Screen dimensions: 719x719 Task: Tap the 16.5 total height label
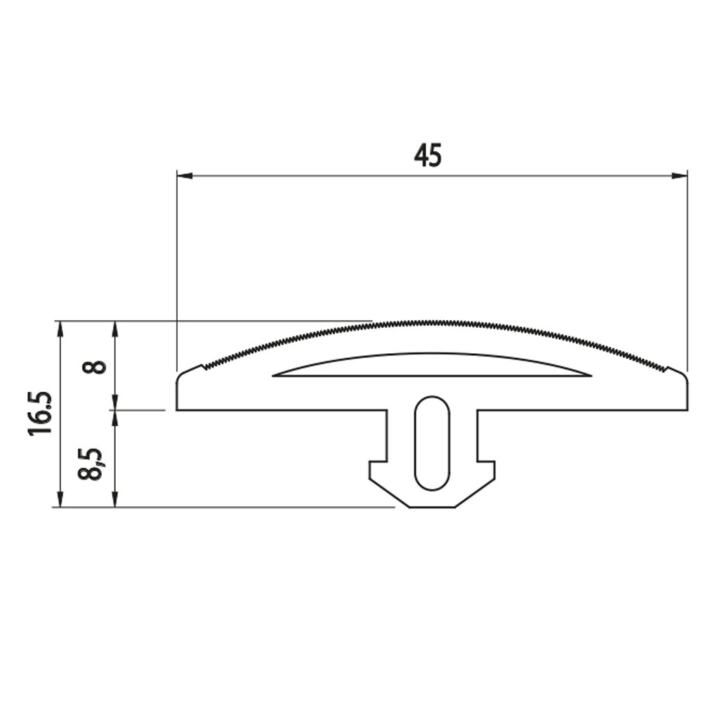tap(40, 414)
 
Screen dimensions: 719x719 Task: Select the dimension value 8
tap(94, 367)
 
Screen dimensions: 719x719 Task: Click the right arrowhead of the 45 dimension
tap(680, 176)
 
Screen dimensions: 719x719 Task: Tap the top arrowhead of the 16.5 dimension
tap(59, 329)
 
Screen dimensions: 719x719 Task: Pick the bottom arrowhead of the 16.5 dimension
tap(59, 499)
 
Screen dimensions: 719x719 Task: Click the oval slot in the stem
tap(432, 443)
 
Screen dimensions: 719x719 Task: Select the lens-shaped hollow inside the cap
tap(432, 365)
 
